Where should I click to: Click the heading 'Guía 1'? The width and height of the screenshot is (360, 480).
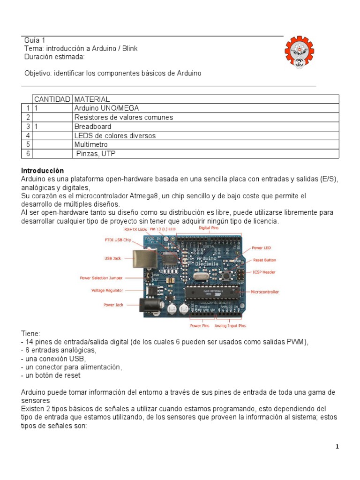tap(35, 40)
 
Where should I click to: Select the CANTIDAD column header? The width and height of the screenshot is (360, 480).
tap(52, 99)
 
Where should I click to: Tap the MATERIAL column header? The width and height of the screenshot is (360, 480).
tap(92, 99)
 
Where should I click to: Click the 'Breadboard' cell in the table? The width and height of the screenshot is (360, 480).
tap(93, 127)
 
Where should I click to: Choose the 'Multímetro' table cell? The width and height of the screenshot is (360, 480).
tap(91, 145)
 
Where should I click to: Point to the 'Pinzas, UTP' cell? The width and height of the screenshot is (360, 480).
tap(95, 154)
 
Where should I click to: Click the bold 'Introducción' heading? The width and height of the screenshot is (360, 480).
tap(43, 171)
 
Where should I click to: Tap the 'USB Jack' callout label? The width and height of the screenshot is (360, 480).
tap(113, 258)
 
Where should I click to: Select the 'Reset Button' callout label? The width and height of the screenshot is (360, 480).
tap(264, 260)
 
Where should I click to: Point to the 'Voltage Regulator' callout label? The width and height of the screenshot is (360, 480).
tap(107, 291)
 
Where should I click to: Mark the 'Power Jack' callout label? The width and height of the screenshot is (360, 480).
tap(113, 305)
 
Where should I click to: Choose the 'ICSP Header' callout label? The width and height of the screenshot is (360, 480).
tap(264, 272)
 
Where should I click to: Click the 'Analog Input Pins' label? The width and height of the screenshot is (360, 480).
tap(230, 325)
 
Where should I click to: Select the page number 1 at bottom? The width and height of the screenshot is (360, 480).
tap(337, 447)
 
